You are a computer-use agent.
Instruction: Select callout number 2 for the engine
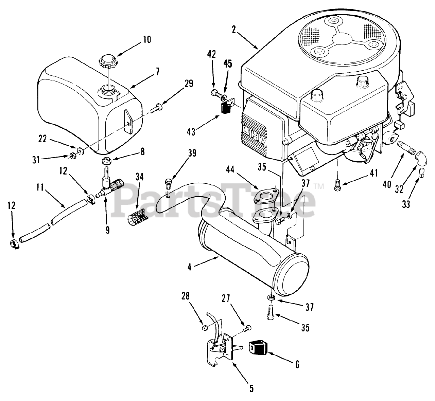click(x=233, y=29)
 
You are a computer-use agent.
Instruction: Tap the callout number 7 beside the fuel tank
click(x=157, y=72)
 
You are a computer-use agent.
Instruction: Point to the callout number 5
click(x=251, y=388)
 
